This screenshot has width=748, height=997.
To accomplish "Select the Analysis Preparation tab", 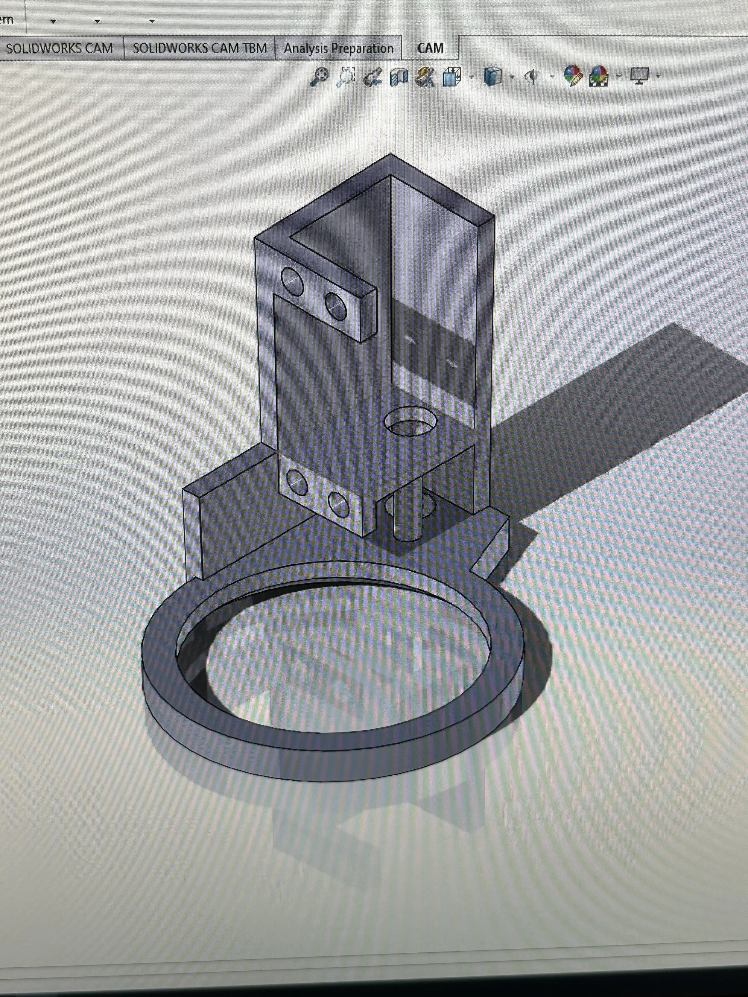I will (338, 48).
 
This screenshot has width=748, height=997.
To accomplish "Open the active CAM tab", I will (430, 48).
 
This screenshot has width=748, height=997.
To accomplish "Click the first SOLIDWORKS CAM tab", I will (60, 48).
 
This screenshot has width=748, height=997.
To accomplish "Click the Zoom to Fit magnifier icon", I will (319, 77).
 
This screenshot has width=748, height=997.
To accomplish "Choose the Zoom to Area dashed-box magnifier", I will (346, 77).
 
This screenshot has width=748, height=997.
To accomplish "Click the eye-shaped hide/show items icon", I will (533, 77).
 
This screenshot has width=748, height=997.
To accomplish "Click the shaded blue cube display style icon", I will (493, 76).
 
